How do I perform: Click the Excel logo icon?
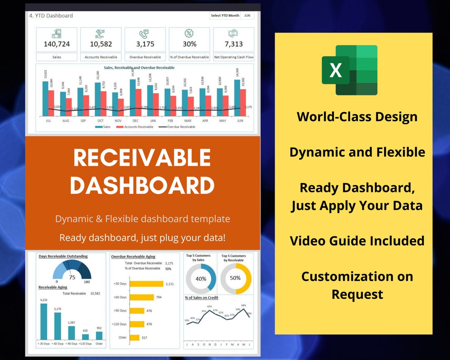349,70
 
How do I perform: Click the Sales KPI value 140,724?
57,44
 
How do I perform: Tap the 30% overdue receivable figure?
189,44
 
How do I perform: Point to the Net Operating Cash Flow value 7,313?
234,44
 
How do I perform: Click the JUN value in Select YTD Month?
247,15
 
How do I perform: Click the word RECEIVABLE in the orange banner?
142,158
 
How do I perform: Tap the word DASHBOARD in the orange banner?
142,185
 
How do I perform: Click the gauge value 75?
72,277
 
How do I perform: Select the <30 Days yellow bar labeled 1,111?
146,284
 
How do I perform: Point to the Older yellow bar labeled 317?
135,337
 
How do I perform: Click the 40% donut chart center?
201,279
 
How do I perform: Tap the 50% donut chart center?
235,278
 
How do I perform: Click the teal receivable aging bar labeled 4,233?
43,321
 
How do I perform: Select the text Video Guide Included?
357,241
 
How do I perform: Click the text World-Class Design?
357,117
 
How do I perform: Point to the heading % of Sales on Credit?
202,297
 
